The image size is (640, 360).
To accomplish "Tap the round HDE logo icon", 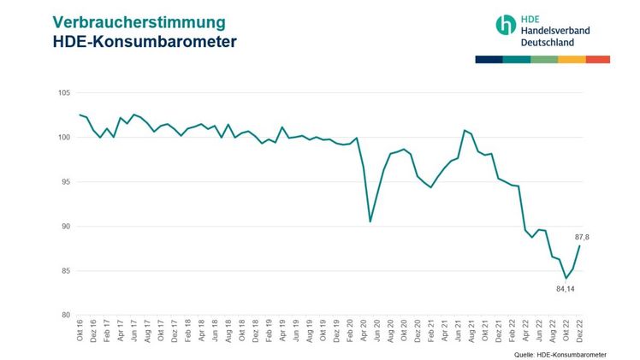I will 506,24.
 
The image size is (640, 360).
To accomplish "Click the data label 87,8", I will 583,237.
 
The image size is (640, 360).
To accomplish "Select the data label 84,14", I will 566,289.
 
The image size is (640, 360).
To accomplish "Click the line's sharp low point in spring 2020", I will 370,221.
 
